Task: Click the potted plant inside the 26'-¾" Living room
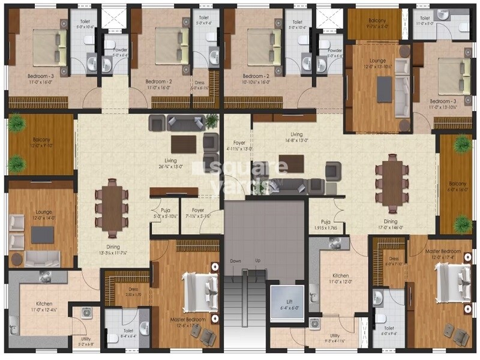coord(211,121)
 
